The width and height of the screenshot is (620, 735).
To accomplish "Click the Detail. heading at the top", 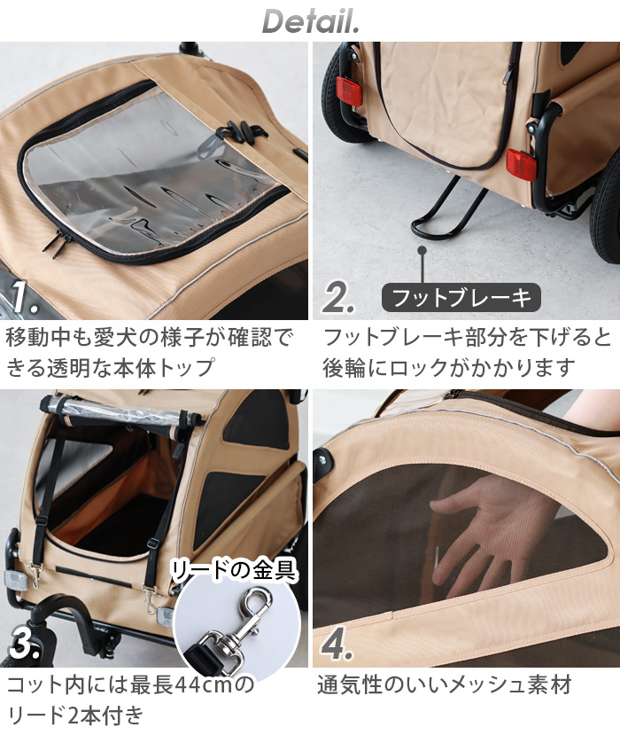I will click(310, 21).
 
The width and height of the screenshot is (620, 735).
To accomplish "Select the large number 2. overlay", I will click(338, 299).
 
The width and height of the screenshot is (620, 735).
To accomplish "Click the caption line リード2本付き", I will click(74, 715).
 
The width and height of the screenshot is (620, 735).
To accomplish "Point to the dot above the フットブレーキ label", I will click(423, 253).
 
